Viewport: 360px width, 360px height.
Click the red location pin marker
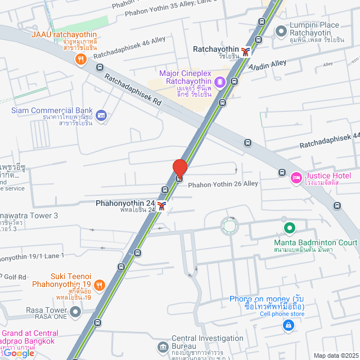[179, 168]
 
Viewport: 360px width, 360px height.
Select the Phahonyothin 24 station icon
[162, 206]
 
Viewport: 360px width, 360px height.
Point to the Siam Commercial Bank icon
[101, 115]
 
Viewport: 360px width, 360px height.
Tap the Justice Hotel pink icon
[295, 178]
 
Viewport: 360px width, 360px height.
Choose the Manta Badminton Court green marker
[289, 228]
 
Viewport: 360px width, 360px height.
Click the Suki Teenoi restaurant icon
[99, 285]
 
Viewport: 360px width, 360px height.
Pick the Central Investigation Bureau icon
[163, 346]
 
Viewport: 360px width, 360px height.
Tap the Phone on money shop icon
[288, 325]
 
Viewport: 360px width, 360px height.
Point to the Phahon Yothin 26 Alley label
[223, 184]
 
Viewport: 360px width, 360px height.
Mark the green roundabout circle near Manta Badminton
[229, 226]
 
